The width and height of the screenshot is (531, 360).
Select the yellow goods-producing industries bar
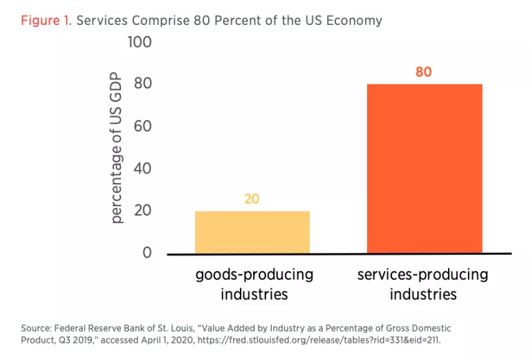[252, 231]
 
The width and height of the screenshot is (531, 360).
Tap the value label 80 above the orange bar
[423, 72]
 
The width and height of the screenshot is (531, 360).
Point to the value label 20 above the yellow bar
[252, 199]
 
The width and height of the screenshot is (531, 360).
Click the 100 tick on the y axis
[140, 42]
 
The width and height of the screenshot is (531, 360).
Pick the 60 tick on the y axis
[142, 126]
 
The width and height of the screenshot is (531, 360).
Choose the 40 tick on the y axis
[142, 169]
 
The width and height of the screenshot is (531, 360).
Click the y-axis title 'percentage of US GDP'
[117, 148]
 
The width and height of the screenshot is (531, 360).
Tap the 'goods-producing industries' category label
[254, 284]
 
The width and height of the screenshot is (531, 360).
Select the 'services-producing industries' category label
[422, 284]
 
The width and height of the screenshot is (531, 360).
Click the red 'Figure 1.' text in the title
[46, 20]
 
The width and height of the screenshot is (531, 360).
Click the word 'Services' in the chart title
[102, 20]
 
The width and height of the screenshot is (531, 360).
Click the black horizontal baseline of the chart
[339, 254]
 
